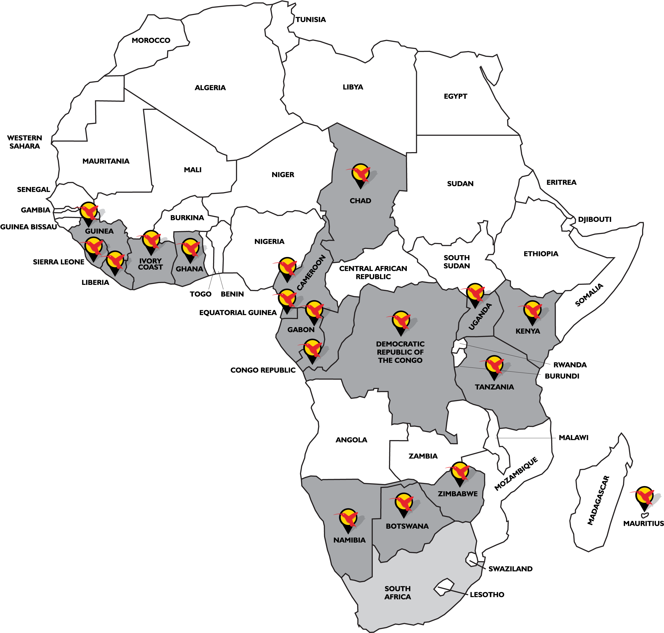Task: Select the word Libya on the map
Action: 353,87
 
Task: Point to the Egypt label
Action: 455,96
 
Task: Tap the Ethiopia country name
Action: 541,254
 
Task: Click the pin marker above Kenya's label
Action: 532,311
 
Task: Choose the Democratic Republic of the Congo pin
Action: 401,322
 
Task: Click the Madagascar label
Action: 598,500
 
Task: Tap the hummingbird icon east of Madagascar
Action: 644,496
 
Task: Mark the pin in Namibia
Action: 348,519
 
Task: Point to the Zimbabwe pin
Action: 459,472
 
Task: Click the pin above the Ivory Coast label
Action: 151,241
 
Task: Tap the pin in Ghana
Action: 190,249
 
